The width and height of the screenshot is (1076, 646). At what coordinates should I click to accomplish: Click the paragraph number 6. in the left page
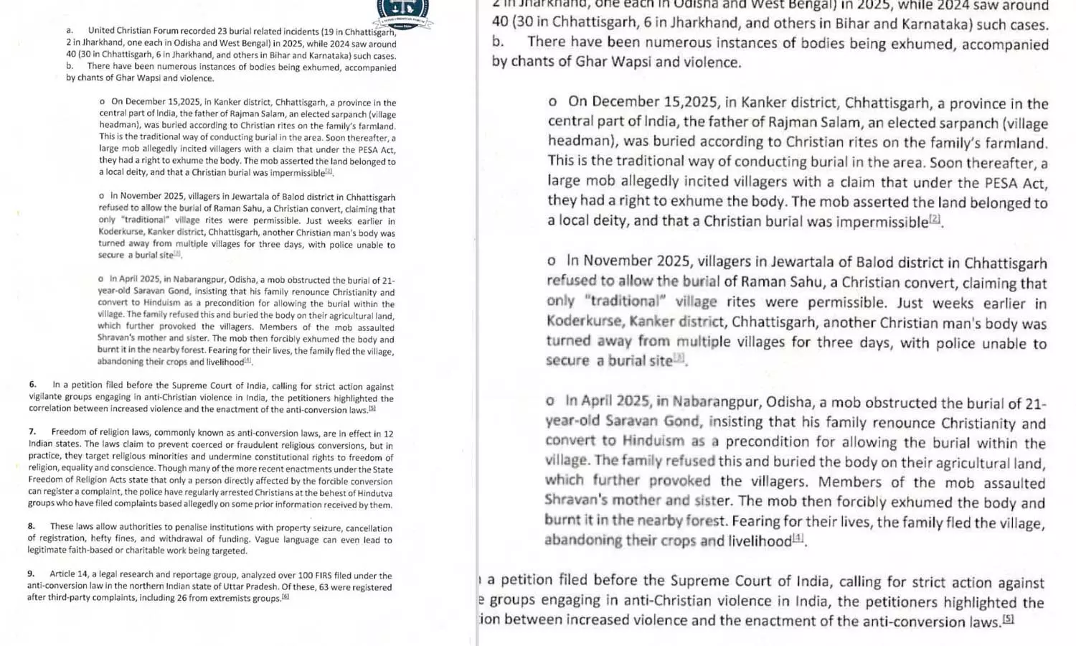pos(32,385)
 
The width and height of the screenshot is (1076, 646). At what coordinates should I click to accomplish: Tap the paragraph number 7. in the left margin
pos(32,432)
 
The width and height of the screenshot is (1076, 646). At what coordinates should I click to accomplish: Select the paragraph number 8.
pos(32,526)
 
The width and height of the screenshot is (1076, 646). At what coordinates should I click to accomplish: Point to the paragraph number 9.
pos(31,574)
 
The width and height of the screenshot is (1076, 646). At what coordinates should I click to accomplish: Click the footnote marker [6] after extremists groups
pos(285,597)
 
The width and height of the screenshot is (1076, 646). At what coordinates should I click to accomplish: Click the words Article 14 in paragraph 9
pos(65,574)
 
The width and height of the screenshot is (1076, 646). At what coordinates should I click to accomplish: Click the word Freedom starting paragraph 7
pos(67,432)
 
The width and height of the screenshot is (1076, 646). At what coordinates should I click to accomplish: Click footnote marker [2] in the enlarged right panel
pos(935,219)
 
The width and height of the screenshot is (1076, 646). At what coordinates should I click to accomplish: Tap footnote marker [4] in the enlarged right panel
pos(798,538)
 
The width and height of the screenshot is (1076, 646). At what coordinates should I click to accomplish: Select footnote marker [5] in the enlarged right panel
pos(1008,619)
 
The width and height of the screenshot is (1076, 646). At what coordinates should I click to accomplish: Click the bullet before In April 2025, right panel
pos(550,402)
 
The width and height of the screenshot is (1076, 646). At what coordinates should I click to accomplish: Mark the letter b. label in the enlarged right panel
pos(498,42)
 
